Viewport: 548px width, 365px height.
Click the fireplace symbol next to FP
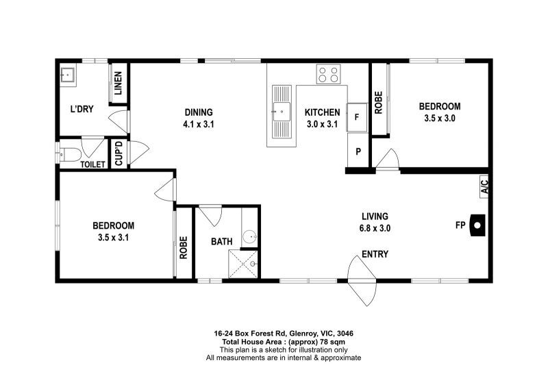477,225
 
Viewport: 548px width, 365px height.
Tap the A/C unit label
484,187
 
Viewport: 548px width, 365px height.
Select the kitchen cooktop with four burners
328,74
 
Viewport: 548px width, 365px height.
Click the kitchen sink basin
282,112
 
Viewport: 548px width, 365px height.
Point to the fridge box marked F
357,117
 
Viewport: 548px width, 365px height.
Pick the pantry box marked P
358,151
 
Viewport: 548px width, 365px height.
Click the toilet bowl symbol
70,154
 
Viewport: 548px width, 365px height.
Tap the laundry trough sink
66,75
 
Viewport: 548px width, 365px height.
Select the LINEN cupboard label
118,83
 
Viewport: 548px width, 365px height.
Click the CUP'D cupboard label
119,153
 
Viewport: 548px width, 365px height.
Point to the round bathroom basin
250,237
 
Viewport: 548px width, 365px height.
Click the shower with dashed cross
243,264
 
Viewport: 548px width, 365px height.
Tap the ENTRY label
375,254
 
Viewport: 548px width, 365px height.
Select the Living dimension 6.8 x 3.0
375,229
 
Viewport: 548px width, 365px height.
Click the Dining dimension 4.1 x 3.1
199,124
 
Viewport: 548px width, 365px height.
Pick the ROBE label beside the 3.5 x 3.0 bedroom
379,103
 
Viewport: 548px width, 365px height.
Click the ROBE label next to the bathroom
184,248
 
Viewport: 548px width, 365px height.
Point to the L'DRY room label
82,109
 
